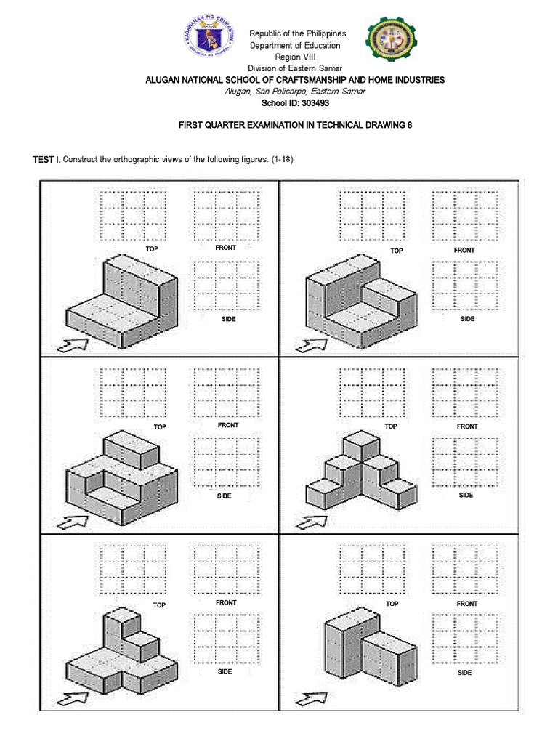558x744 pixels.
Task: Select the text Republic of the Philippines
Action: pyautogui.click(x=298, y=33)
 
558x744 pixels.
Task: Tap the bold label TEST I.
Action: pyautogui.click(x=46, y=159)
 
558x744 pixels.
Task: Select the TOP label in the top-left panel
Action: pyautogui.click(x=151, y=249)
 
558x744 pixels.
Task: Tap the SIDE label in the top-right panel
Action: pyautogui.click(x=467, y=319)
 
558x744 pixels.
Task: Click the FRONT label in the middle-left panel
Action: pyautogui.click(x=228, y=425)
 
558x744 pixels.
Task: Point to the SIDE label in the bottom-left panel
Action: pyautogui.click(x=225, y=672)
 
